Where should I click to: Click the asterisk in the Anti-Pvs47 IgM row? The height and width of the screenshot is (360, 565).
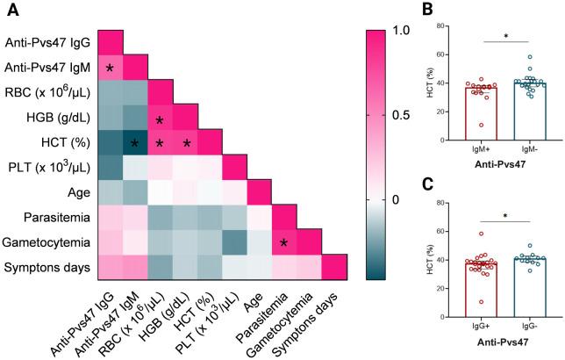(x=110, y=68)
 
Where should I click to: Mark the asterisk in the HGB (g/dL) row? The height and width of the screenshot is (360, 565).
(x=160, y=119)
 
